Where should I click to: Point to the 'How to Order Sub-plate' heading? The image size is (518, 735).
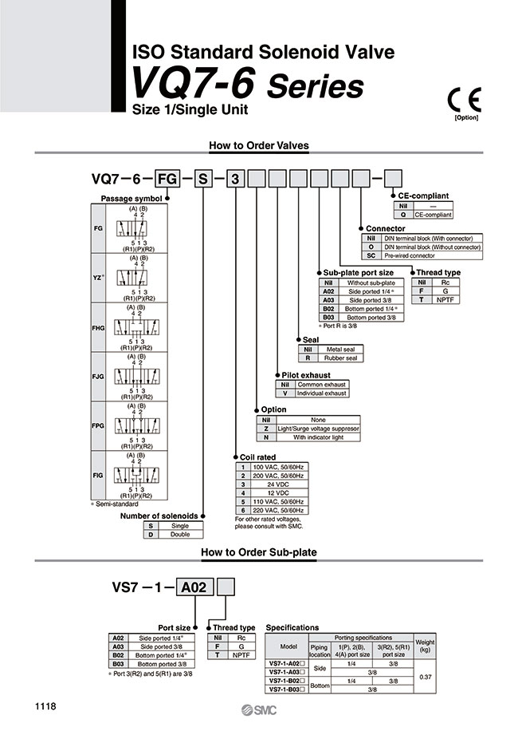(x=259, y=551)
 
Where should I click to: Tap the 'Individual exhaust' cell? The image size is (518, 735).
(x=322, y=393)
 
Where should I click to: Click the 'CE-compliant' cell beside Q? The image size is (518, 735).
(x=433, y=214)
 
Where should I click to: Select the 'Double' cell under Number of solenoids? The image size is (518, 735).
(x=181, y=535)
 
